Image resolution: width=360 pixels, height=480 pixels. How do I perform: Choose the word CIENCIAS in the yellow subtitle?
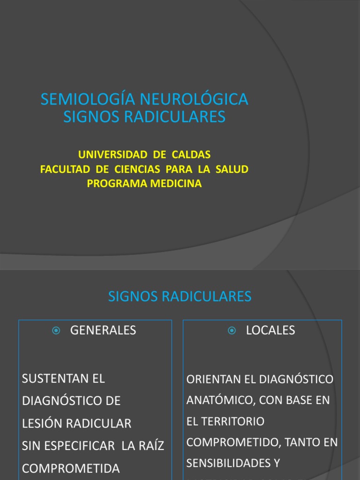click(136, 169)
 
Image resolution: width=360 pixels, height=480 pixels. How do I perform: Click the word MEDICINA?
click(176, 183)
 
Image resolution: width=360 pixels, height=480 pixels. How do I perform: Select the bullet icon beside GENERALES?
click(56, 330)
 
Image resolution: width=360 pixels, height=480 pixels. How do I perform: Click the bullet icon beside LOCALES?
click(232, 330)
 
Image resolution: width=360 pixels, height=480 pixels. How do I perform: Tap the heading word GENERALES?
click(103, 330)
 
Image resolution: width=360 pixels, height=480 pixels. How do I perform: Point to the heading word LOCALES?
click(270, 330)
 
